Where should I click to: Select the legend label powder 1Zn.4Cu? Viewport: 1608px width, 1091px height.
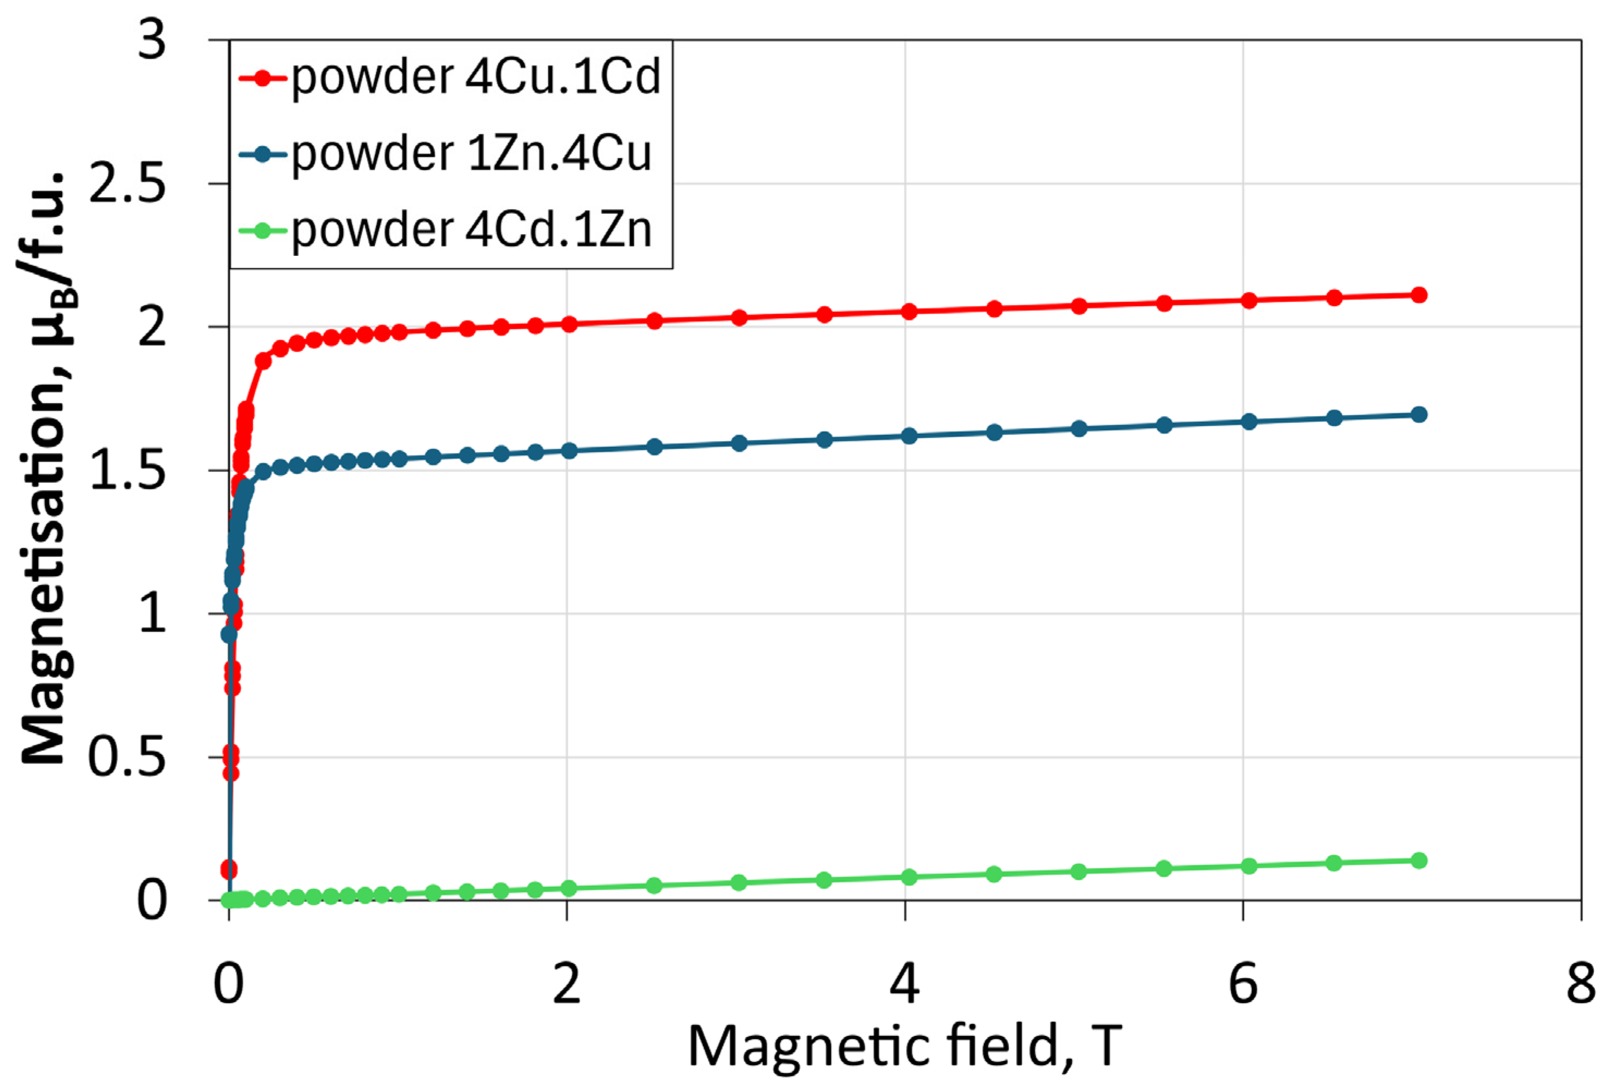click(x=471, y=153)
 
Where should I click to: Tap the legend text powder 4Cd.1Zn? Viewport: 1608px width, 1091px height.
click(x=471, y=230)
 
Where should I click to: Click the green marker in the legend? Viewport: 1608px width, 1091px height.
click(x=262, y=230)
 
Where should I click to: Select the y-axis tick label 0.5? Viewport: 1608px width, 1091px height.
click(x=128, y=757)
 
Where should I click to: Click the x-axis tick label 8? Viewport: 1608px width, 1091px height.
click(x=1580, y=984)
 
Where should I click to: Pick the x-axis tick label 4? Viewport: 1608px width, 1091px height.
click(x=904, y=984)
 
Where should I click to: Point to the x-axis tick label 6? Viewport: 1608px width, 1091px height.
click(x=1243, y=984)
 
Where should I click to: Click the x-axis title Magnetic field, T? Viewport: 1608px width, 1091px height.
click(x=904, y=1046)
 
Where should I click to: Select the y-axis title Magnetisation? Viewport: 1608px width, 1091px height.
click(x=45, y=470)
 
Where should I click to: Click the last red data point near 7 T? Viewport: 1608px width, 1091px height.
click(x=1419, y=295)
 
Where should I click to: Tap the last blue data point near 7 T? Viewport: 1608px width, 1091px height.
click(x=1419, y=414)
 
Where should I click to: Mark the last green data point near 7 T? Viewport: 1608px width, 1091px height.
click(x=1419, y=861)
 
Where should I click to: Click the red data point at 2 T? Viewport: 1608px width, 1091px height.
click(x=568, y=324)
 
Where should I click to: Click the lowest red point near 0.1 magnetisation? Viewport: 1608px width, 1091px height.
click(x=229, y=869)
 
